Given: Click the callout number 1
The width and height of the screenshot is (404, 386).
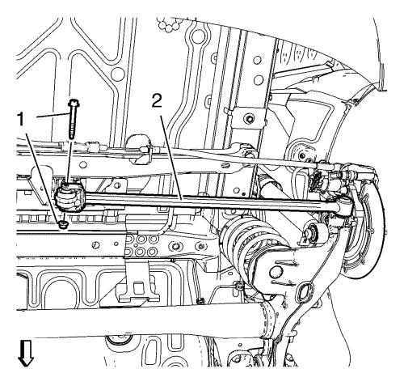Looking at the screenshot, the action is click(21, 120).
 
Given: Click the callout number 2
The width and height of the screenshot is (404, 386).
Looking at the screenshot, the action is click(157, 100).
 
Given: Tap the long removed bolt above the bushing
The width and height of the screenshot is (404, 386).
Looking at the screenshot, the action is click(72, 119).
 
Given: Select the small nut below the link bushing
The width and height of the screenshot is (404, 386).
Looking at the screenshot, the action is click(63, 224).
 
